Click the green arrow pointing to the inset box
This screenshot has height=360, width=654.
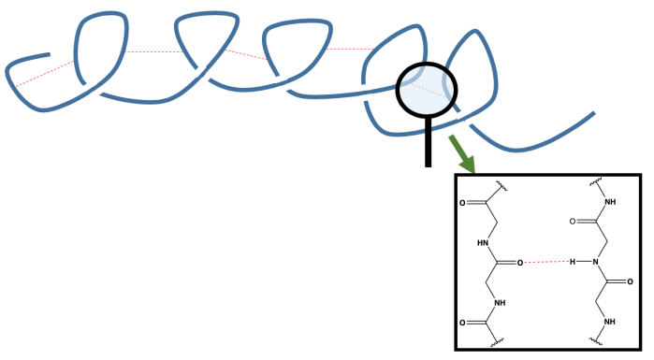[x=460, y=152]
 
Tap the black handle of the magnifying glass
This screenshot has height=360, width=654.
[x=429, y=140]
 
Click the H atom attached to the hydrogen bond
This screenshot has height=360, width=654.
[x=572, y=261]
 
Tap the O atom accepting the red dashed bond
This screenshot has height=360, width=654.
[x=523, y=263]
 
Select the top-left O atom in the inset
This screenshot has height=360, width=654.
[x=464, y=202]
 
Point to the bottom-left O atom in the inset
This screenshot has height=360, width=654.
[x=464, y=323]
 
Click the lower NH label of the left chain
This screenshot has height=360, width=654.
[x=501, y=302]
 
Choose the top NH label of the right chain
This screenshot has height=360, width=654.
[x=610, y=202]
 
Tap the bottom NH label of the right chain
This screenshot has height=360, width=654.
[x=610, y=322]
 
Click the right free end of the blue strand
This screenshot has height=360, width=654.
[x=593, y=115]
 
